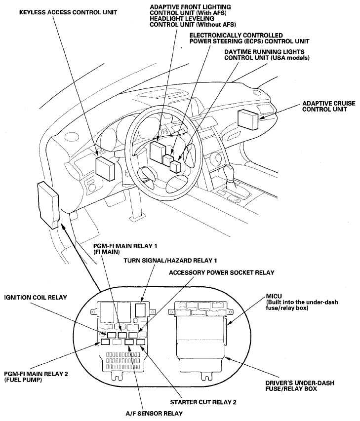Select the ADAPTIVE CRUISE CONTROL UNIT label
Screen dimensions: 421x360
[x=324, y=106]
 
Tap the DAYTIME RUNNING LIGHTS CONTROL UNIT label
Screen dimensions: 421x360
[x=267, y=54]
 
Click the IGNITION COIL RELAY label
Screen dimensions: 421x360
[x=35, y=297]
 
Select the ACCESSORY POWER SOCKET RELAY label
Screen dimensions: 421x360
[x=221, y=272]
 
